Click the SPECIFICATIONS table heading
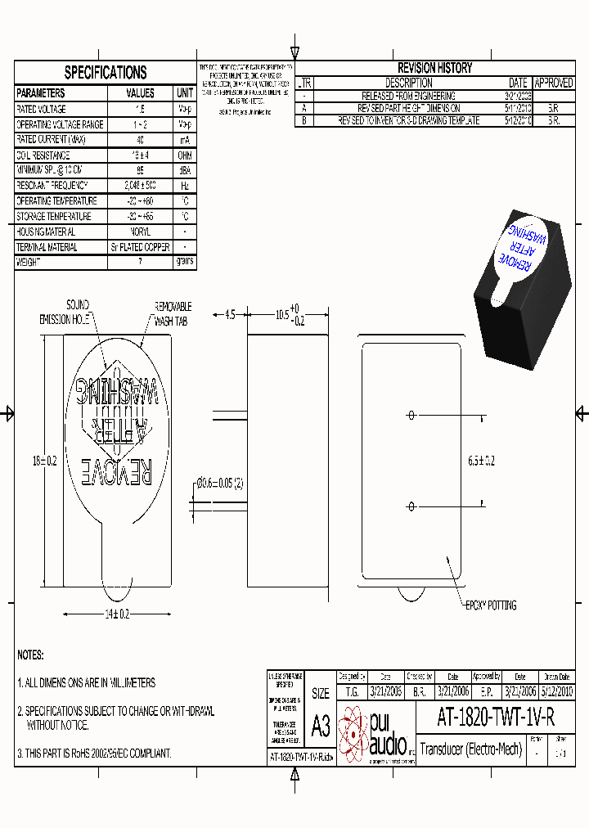click(106, 72)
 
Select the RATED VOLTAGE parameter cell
click(42, 109)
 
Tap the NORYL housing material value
click(140, 232)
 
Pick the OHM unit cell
click(185, 155)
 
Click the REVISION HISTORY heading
click(434, 68)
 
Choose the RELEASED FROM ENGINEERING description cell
click(408, 96)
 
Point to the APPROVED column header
click(554, 83)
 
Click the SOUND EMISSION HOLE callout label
click(65, 313)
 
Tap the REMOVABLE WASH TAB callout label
click(173, 314)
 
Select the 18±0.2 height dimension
click(44, 461)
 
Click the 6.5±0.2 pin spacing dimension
click(480, 461)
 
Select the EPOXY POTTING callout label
click(490, 605)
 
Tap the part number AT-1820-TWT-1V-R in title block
click(496, 718)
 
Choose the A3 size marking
click(321, 725)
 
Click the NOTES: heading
click(30, 655)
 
